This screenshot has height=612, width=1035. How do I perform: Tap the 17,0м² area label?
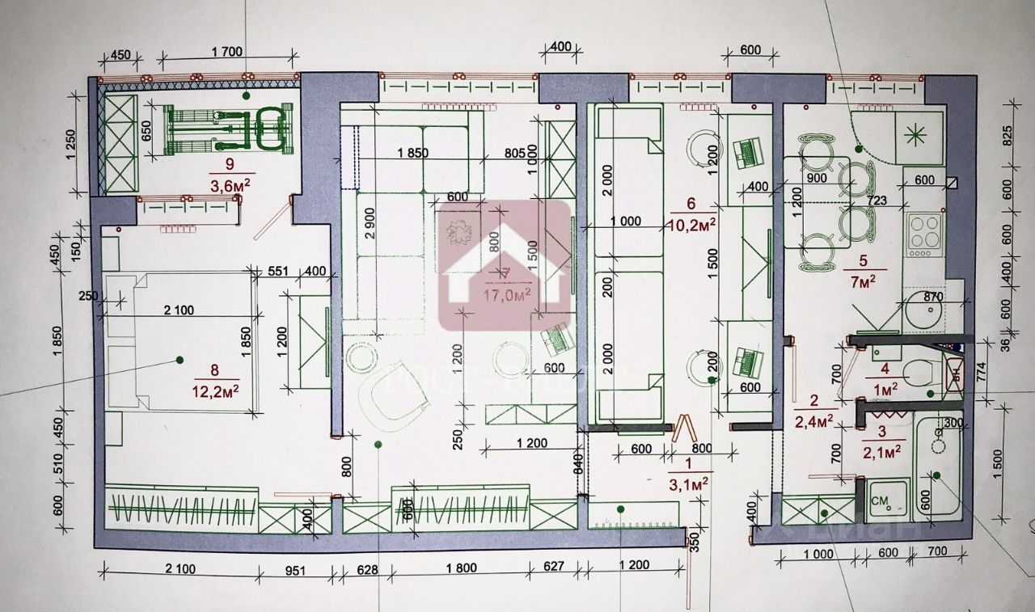point(507,294)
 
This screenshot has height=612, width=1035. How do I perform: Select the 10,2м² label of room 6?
point(695,227)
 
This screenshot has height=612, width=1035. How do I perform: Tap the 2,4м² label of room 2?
point(814,420)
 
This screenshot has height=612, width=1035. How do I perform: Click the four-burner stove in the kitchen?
point(924,234)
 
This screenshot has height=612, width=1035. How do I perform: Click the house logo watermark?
point(504,263)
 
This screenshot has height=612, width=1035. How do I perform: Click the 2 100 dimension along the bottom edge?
point(179,569)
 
